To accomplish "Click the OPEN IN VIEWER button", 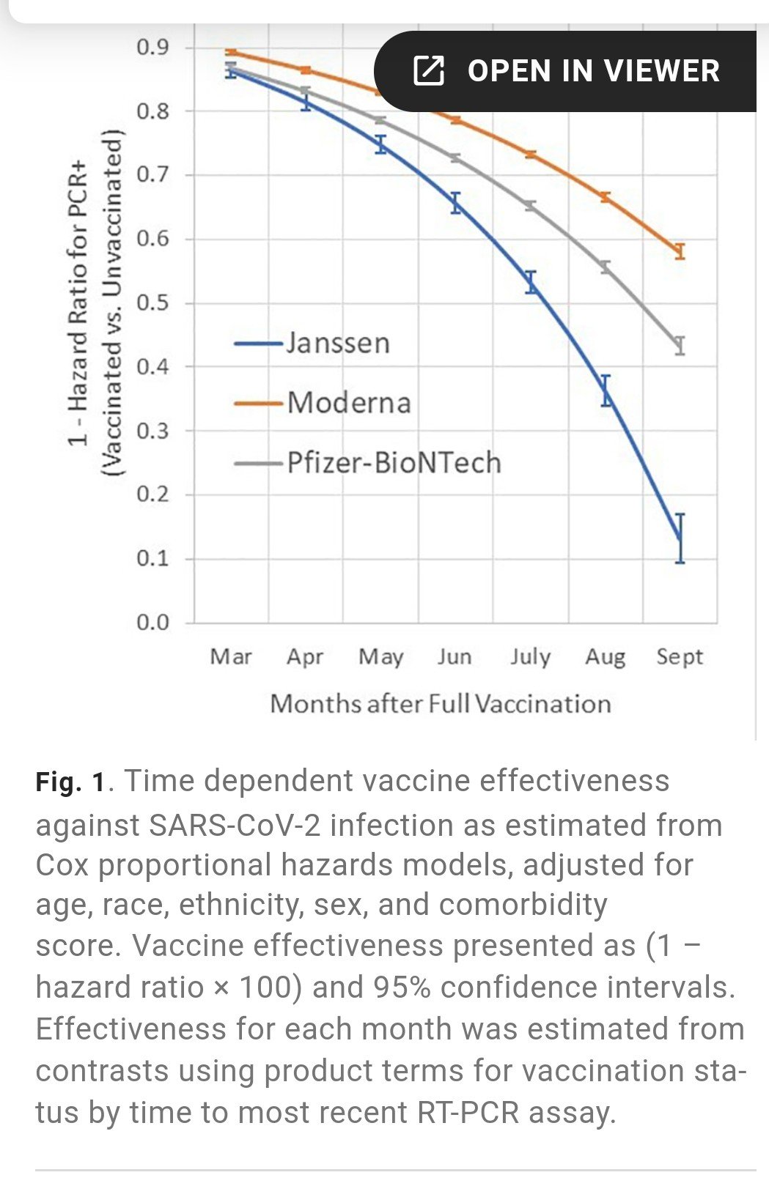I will pos(566,71).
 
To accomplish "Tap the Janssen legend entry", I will pos(337,343).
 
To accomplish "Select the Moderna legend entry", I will pos(348,403).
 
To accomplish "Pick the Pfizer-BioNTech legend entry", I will pos(393,463).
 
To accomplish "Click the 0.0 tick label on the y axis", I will pos(152,623).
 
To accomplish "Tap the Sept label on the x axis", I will pos(680,656).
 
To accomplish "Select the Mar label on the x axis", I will pos(231,656).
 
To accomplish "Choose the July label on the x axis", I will pos(530,656).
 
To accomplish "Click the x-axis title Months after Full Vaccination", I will pos(441,704).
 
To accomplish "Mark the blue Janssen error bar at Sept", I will pos(680,538).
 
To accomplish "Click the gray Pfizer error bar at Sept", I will pos(680,345).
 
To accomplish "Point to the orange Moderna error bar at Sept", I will pos(680,251).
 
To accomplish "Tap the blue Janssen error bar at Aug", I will pos(606,391).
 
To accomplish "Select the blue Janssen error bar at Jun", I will pos(456,202).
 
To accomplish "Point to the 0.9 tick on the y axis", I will pos(152,48).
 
